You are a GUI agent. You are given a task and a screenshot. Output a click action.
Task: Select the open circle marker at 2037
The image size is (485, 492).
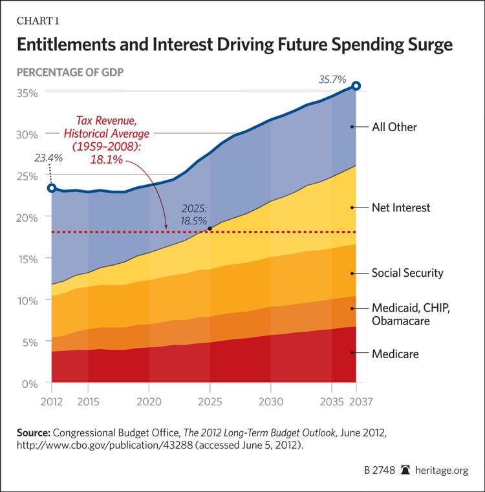click(x=356, y=85)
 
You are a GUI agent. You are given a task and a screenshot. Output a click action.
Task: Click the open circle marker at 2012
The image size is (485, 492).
click(x=52, y=188)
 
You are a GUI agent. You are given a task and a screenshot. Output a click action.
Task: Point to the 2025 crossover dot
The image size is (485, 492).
click(x=210, y=229)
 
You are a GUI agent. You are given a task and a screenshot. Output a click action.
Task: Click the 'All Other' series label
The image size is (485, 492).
click(x=394, y=127)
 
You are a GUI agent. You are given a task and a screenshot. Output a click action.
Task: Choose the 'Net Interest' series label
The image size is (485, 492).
click(x=401, y=208)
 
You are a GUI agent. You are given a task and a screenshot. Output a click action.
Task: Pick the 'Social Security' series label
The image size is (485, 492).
click(x=407, y=273)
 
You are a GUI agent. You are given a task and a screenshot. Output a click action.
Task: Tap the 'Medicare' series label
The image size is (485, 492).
click(x=395, y=354)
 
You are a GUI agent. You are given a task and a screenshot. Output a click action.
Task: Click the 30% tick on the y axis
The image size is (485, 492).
click(x=27, y=134)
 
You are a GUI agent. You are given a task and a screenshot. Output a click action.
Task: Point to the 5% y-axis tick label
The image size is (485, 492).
click(x=29, y=342)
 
